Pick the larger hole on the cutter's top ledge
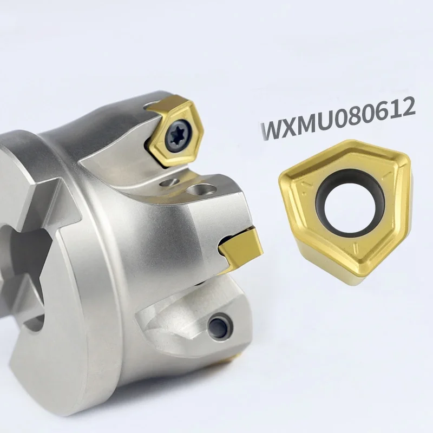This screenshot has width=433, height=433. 205,190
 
